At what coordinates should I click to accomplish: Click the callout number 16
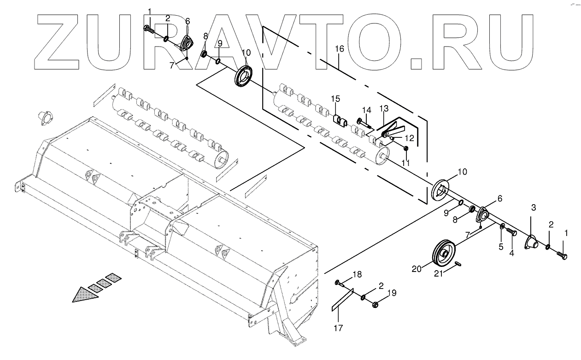[x=339, y=49]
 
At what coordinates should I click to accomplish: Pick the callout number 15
[x=335, y=99]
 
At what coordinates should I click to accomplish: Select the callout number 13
[x=384, y=108]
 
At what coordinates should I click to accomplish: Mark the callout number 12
[x=409, y=138]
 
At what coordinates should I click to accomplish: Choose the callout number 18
[x=358, y=275]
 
